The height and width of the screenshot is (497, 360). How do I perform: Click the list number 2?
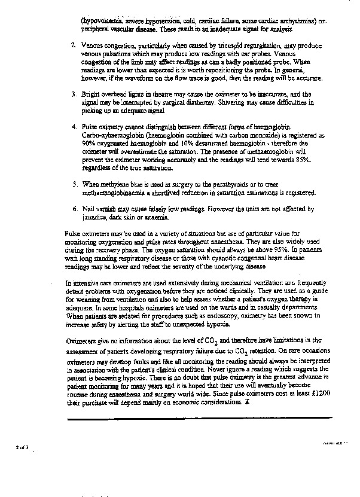point(73,45)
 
